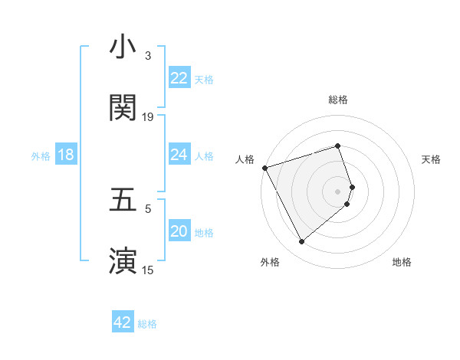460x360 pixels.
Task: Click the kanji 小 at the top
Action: (x=123, y=47)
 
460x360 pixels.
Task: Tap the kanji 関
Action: (x=123, y=108)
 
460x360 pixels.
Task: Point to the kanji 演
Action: (x=123, y=260)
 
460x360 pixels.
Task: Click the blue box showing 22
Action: (x=179, y=77)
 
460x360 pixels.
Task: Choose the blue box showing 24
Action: (x=179, y=155)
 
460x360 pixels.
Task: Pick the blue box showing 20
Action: (x=179, y=232)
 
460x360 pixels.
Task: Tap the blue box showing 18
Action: (x=66, y=155)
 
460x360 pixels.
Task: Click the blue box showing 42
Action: (x=123, y=322)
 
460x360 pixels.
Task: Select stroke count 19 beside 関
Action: (x=148, y=117)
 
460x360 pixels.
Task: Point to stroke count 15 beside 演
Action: (x=148, y=270)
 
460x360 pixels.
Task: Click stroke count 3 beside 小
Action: (x=148, y=56)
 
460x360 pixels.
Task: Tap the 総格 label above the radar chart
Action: (x=337, y=100)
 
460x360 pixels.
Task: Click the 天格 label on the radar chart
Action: (x=432, y=159)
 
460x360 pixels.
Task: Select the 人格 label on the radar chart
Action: (x=245, y=159)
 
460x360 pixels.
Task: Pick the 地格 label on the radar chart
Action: (x=402, y=262)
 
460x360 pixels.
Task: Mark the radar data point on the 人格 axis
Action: (x=264, y=168)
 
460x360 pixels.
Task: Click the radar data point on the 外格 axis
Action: (x=301, y=242)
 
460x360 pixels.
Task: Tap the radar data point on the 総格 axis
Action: (x=337, y=146)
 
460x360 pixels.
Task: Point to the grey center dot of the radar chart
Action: (x=337, y=191)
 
